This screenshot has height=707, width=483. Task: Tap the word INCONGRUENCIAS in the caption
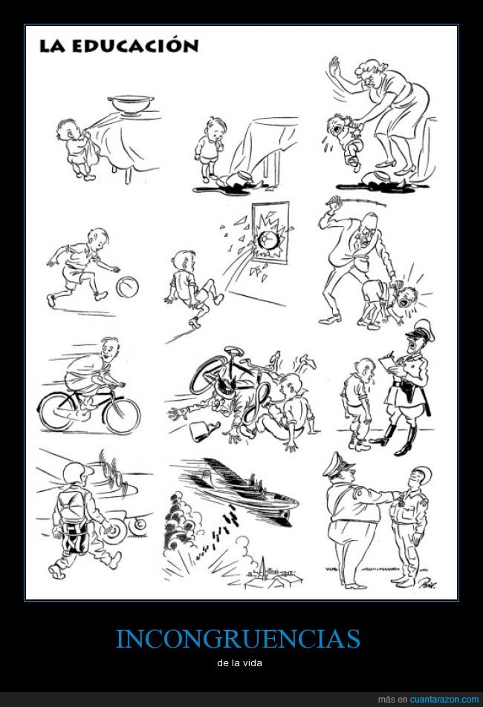click(x=238, y=639)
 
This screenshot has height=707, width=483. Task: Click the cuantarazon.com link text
click(x=444, y=700)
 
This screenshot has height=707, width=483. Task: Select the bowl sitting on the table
click(x=131, y=104)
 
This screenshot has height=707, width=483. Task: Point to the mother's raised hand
click(x=334, y=68)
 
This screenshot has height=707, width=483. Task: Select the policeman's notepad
click(x=389, y=364)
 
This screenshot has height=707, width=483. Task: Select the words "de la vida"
click(x=239, y=663)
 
